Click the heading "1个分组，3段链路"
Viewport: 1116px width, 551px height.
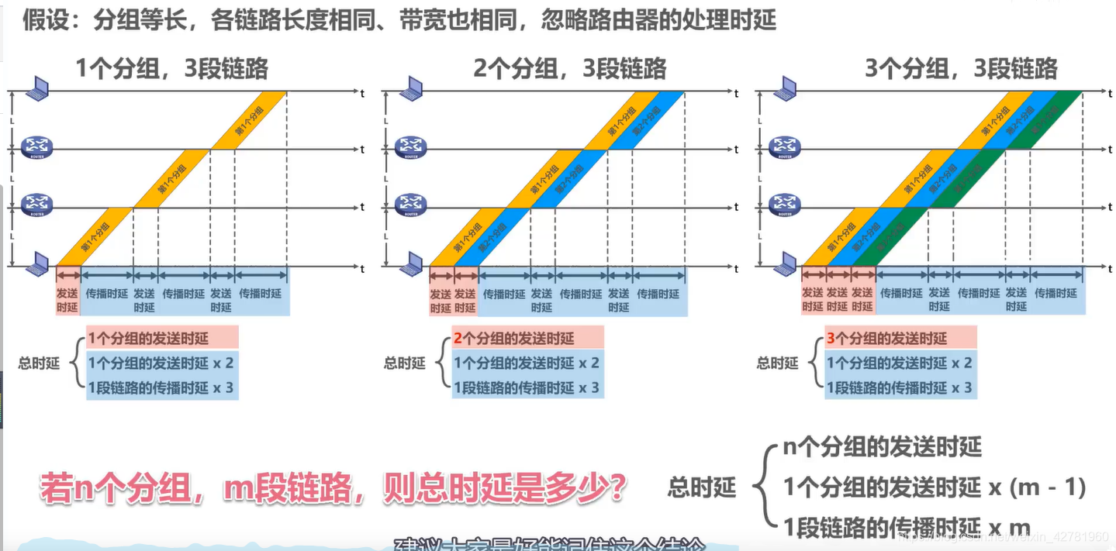click(x=171, y=69)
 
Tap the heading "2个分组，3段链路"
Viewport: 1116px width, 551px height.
click(x=570, y=69)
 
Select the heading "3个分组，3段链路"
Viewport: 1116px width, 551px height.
click(x=961, y=69)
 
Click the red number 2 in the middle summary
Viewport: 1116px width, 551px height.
click(x=458, y=339)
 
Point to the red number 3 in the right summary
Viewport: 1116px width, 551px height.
click(x=831, y=339)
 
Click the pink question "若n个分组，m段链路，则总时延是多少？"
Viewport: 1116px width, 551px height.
click(x=333, y=490)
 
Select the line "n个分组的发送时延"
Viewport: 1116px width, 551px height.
click(x=883, y=447)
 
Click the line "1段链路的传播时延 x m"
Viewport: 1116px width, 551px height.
click(x=907, y=527)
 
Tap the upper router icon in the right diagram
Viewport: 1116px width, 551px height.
click(x=786, y=146)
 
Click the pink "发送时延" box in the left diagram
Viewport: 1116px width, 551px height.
click(x=67, y=300)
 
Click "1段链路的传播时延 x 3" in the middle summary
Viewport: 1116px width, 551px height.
click(x=527, y=387)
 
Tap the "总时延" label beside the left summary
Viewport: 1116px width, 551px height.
click(x=39, y=363)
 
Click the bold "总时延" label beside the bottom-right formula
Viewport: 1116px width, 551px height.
click(x=702, y=487)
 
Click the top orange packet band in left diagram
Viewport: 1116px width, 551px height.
click(x=249, y=120)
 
